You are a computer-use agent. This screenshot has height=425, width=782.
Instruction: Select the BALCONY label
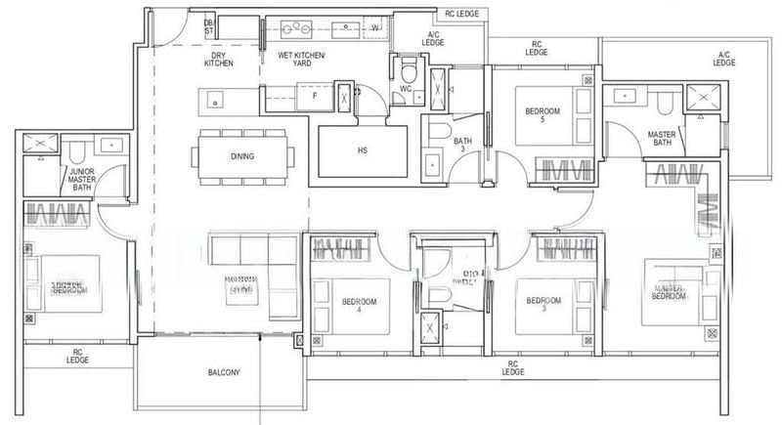point(225,373)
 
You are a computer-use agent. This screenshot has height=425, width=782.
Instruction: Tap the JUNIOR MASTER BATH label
point(81,179)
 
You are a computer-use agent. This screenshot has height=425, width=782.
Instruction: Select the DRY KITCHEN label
point(218,59)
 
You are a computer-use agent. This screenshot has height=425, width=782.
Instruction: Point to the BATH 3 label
point(461,146)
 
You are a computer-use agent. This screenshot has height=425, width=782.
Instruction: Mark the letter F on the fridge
point(314,97)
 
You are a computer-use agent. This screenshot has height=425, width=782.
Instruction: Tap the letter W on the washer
point(374,27)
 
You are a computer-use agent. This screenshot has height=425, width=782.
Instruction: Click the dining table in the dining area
point(244,156)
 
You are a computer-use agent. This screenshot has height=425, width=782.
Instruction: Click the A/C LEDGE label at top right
point(724,59)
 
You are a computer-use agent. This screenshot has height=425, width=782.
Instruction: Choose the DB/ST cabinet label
point(208,27)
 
